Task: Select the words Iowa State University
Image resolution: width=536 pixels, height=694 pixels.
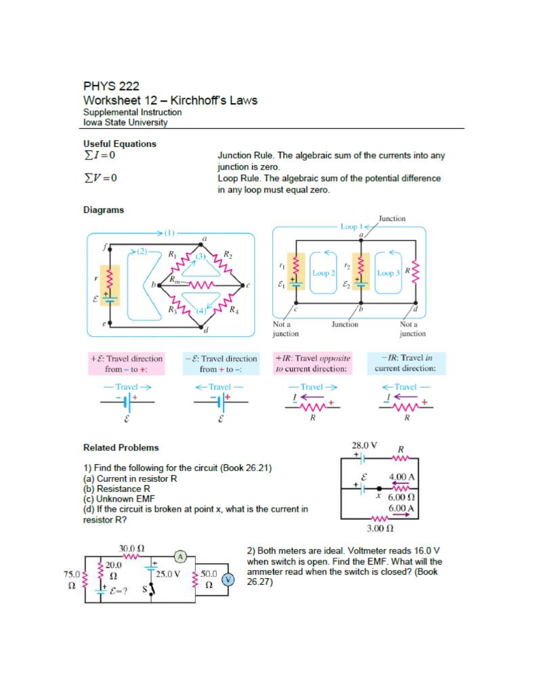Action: pyautogui.click(x=125, y=122)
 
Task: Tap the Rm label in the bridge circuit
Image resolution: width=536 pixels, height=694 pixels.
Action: pyautogui.click(x=175, y=279)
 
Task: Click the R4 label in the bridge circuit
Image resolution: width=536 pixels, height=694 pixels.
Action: pyautogui.click(x=233, y=312)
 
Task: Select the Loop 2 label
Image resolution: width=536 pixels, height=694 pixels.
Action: pyautogui.click(x=322, y=273)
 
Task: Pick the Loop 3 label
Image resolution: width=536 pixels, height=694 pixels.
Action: pyautogui.click(x=389, y=273)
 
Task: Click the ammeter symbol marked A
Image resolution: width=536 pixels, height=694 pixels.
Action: pyautogui.click(x=180, y=557)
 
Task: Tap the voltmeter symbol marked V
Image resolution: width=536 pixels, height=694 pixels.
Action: pyautogui.click(x=228, y=579)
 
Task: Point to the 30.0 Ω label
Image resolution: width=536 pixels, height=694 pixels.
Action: pyautogui.click(x=129, y=547)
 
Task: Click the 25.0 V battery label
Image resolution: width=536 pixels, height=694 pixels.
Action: pyautogui.click(x=169, y=574)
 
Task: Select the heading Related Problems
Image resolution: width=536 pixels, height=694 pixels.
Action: pyautogui.click(x=121, y=447)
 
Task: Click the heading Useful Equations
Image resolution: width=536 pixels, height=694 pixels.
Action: pyautogui.click(x=120, y=144)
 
